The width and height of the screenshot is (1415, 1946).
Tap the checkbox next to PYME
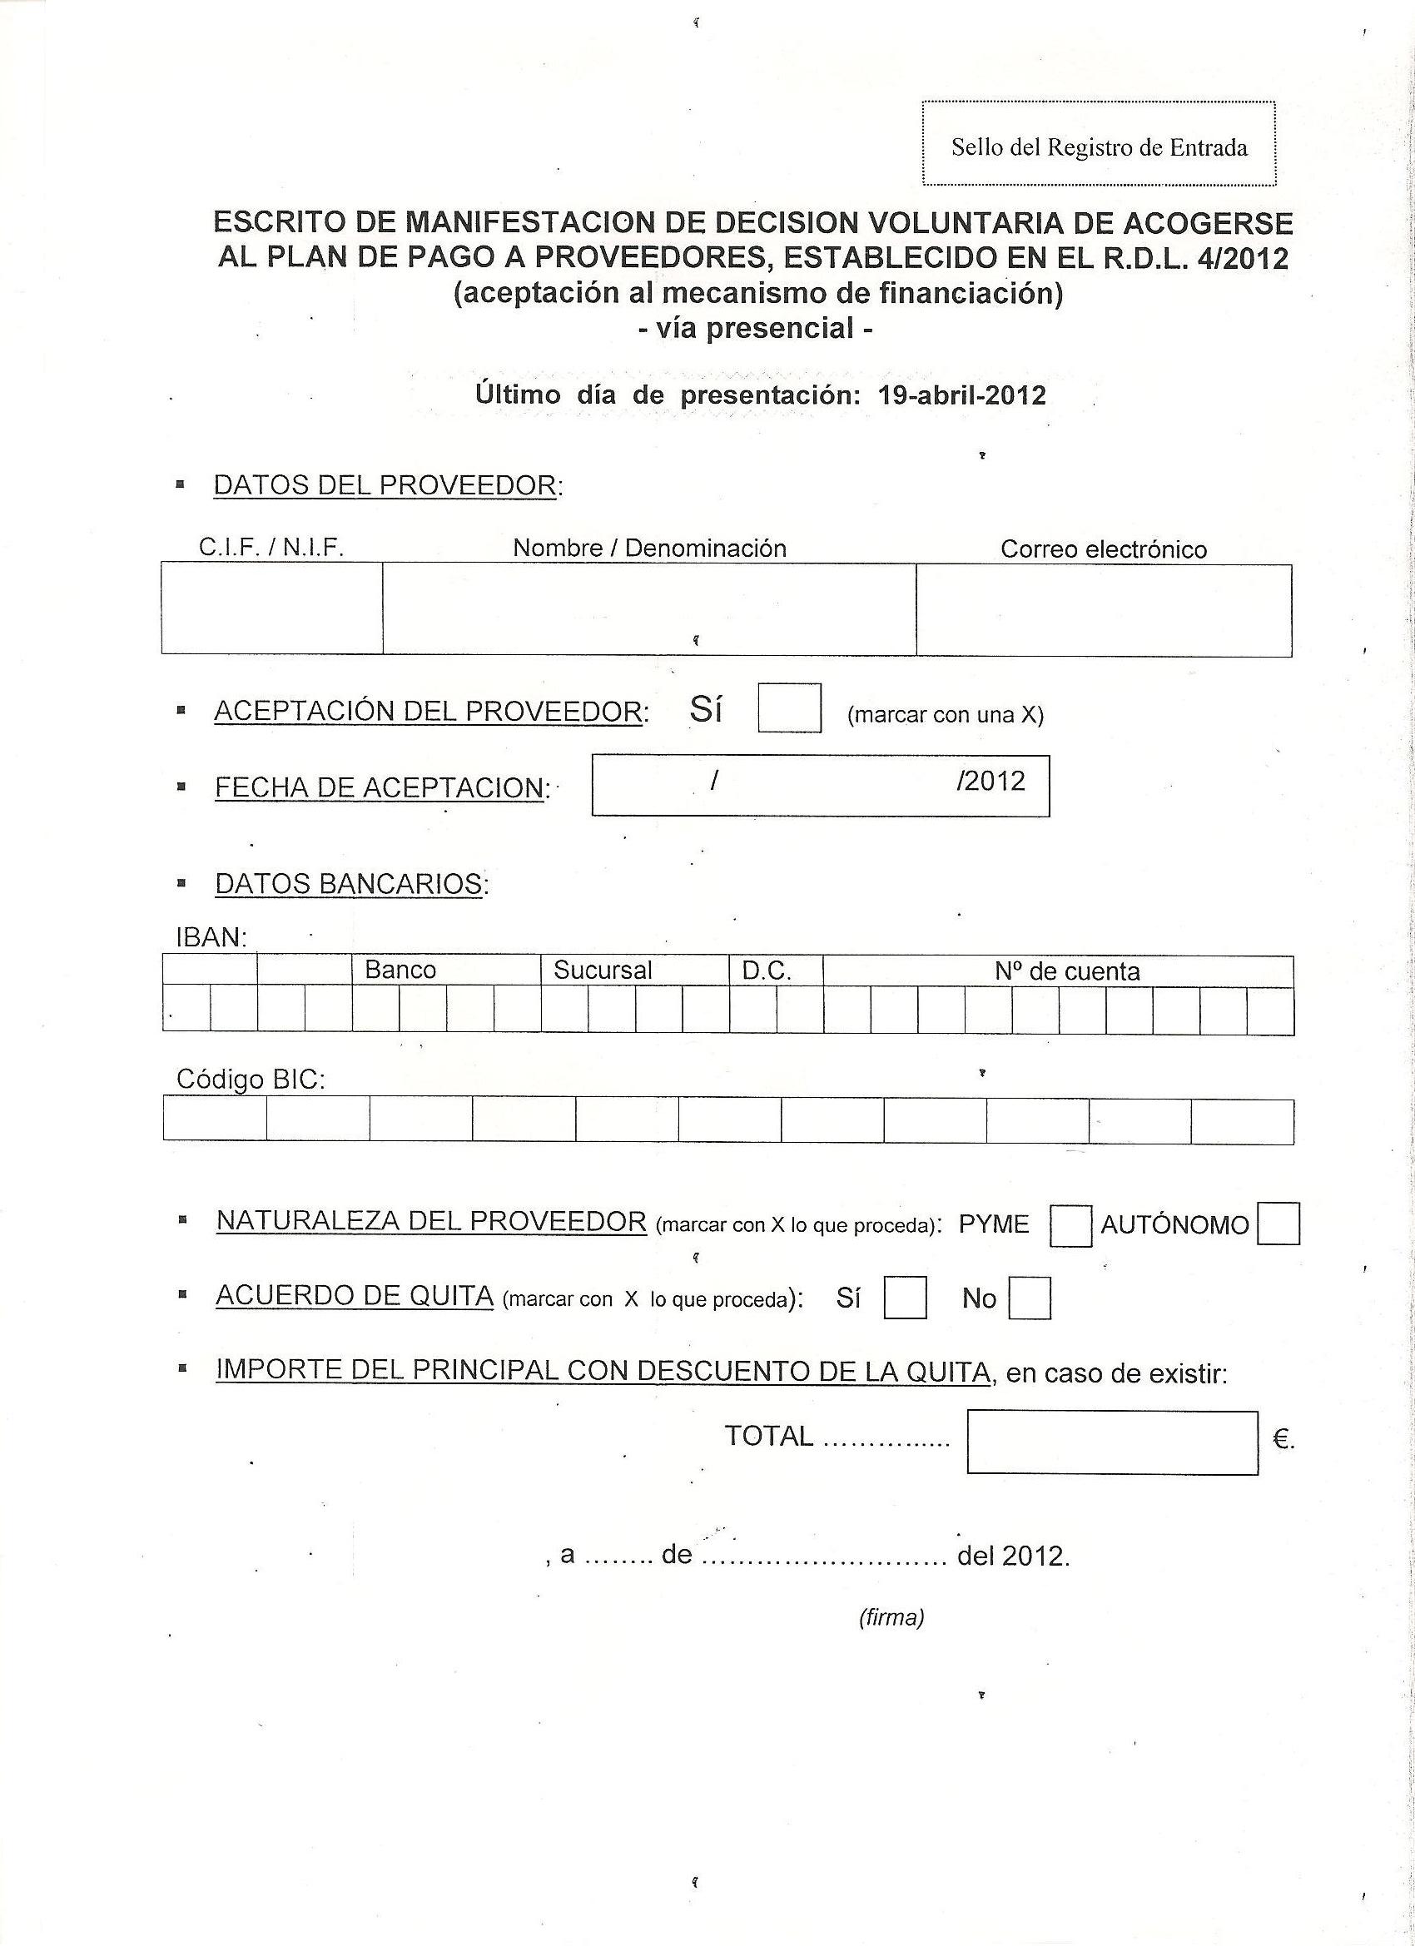(1070, 1225)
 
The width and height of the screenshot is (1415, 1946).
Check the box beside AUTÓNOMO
(1278, 1224)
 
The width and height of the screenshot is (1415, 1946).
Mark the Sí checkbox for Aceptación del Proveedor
(789, 707)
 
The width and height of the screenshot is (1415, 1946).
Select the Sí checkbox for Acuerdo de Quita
(905, 1298)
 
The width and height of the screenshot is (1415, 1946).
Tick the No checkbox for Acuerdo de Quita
(1029, 1298)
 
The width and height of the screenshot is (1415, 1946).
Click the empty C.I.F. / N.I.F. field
(272, 608)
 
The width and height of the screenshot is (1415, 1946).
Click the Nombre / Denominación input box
(648, 608)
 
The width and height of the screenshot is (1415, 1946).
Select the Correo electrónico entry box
(1104, 610)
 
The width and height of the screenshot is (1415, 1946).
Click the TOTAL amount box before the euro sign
(1112, 1442)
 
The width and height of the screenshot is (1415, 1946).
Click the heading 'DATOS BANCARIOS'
(349, 884)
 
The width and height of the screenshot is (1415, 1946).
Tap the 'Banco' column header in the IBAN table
(400, 970)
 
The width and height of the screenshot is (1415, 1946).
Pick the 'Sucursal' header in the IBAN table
(603, 971)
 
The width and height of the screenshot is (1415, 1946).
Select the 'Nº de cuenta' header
(1066, 971)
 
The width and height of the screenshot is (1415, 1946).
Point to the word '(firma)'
(891, 1617)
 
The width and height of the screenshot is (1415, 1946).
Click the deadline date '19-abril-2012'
(962, 395)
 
